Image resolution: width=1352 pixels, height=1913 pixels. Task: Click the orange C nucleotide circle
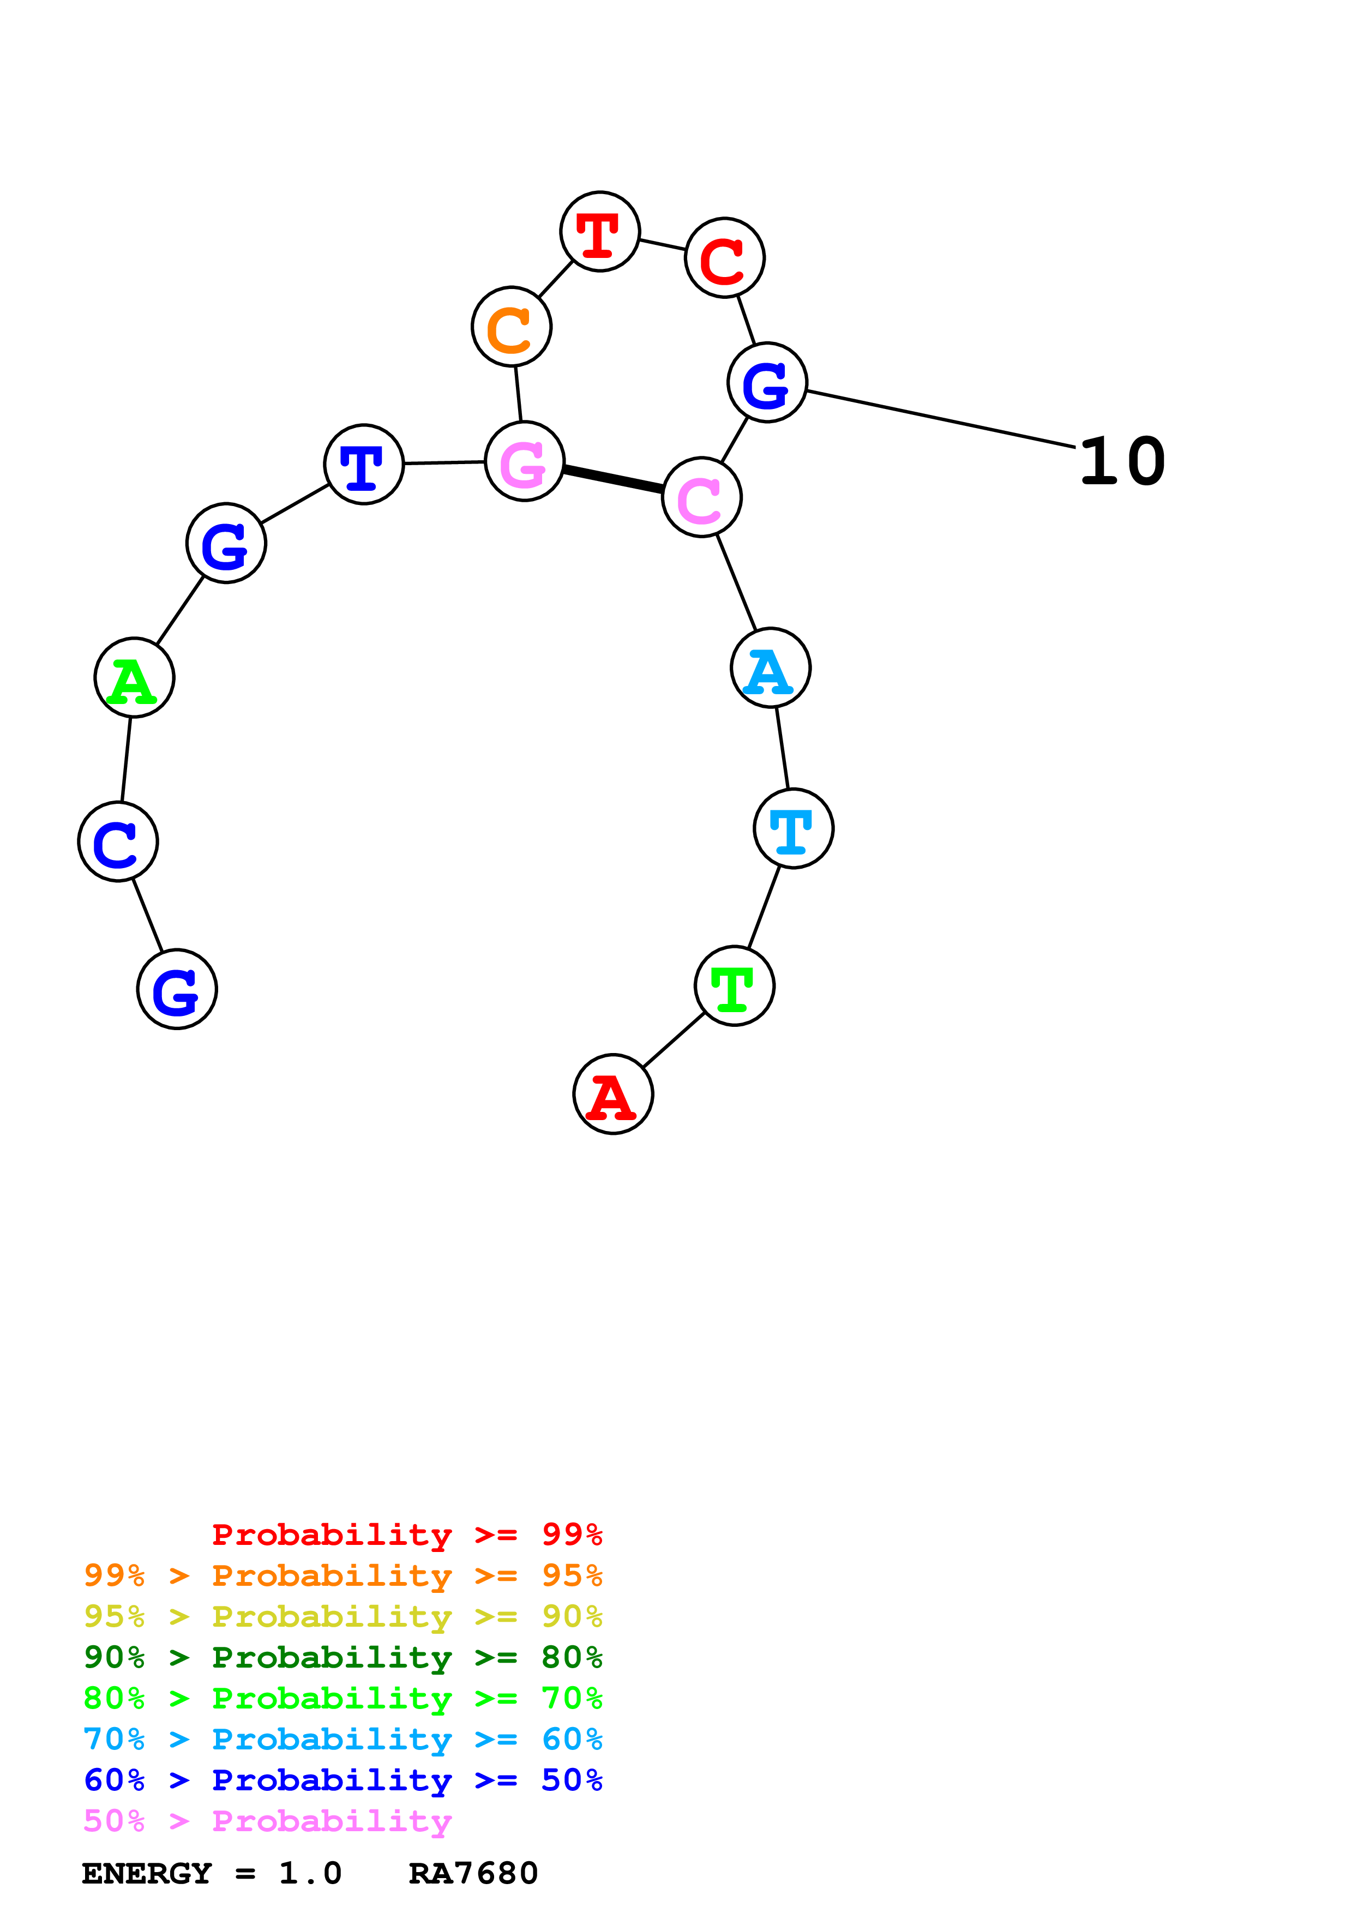pyautogui.click(x=512, y=327)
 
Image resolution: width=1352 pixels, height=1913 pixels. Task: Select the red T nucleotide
pyautogui.click(x=600, y=232)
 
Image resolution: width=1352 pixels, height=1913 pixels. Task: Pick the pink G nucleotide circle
pyautogui.click(x=525, y=461)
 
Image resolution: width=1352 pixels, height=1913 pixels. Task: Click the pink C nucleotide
pyautogui.click(x=701, y=497)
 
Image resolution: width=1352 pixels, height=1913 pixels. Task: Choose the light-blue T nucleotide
pyautogui.click(x=793, y=828)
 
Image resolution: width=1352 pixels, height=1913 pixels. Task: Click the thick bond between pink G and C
pyautogui.click(x=613, y=479)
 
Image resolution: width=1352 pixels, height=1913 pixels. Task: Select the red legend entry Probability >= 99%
pyautogui.click(x=406, y=1535)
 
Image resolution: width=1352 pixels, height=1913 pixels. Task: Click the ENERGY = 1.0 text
pyautogui.click(x=212, y=1873)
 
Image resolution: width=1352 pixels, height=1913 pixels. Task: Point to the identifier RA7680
pyautogui.click(x=473, y=1873)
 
